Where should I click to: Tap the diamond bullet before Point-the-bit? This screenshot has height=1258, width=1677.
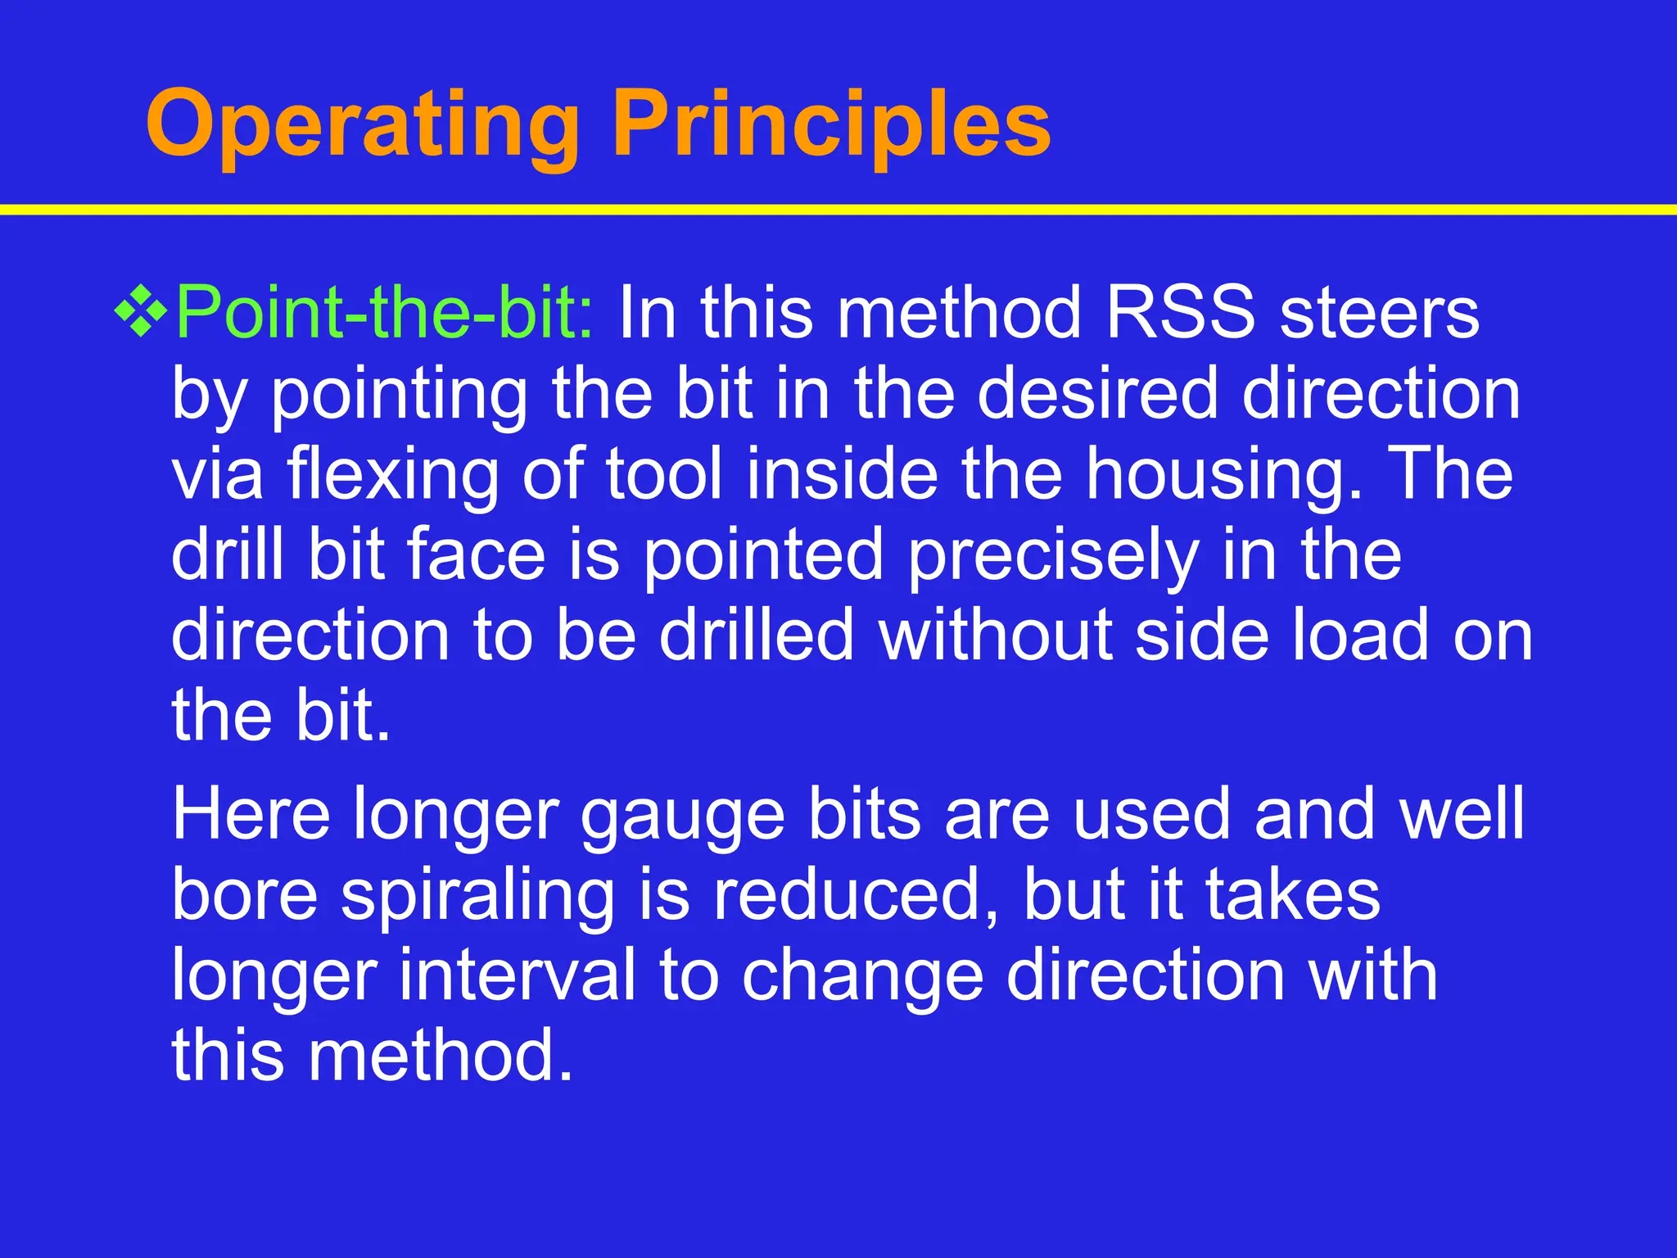pyautogui.click(x=141, y=312)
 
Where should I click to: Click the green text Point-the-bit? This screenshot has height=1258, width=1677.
pyautogui.click(x=385, y=312)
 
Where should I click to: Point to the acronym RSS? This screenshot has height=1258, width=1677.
pyautogui.click(x=1180, y=312)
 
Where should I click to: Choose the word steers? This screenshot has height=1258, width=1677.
pyautogui.click(x=1379, y=312)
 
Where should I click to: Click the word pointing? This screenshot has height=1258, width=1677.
pyautogui.click(x=399, y=395)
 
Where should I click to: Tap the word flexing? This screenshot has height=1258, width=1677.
pyautogui.click(x=392, y=475)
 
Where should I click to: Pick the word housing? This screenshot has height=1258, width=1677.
pyautogui.click(x=1223, y=475)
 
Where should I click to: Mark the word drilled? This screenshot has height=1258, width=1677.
pyautogui.click(x=757, y=635)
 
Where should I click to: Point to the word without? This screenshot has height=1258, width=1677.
pyautogui.click(x=995, y=635)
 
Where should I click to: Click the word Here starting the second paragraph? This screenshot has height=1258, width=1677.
pyautogui.click(x=251, y=813)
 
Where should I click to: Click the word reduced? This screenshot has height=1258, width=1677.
pyautogui.click(x=856, y=894)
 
